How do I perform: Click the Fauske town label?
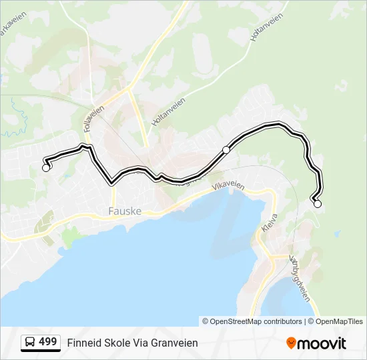124,212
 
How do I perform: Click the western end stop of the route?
46,168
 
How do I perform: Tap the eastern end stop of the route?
317,204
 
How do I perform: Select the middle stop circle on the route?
226,150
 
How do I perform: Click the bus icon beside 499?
30,343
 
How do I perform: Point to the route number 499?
48,342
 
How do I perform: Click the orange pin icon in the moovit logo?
291,343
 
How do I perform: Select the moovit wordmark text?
322,343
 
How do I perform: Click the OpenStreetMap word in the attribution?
236,321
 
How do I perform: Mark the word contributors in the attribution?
283,321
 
